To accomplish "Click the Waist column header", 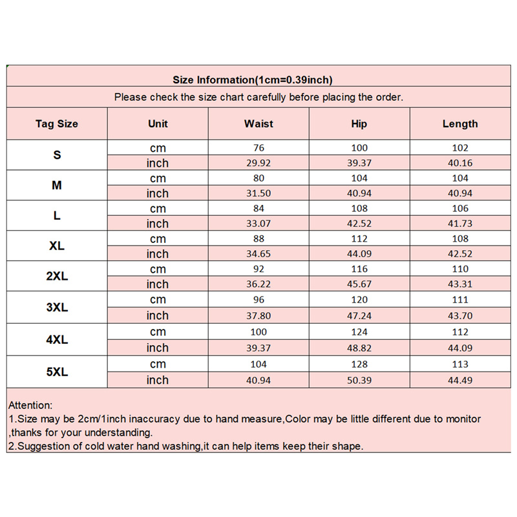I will point(258,123).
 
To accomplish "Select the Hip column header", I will point(359,123).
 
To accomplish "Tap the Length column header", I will point(460,123).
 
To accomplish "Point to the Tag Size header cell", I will point(57,123).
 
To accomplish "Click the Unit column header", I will point(158,123).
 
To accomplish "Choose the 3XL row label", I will point(57,308).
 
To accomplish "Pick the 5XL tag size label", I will point(57,372).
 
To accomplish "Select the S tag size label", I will point(57,155).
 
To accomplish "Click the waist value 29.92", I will point(258,163).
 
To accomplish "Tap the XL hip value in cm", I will point(359,238).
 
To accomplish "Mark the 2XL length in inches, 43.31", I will point(460,284).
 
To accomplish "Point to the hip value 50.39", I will point(359,380).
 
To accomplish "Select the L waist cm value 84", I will point(258,208).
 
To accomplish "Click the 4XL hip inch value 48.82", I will point(359,348).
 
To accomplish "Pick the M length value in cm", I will point(460,178).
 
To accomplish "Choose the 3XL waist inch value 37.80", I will point(258,315).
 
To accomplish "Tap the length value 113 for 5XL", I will point(460,364).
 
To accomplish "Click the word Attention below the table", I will point(30,405).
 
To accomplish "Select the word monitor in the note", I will point(463,419).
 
